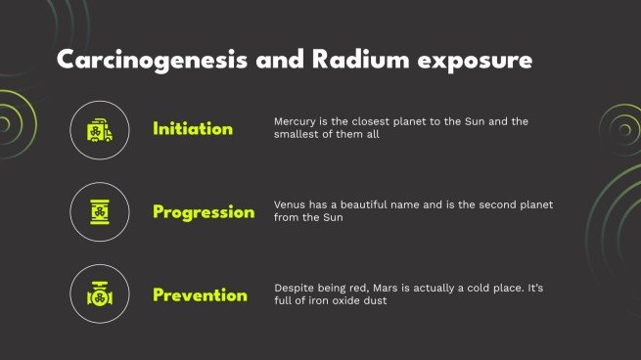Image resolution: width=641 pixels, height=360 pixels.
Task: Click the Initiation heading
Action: pyautogui.click(x=193, y=129)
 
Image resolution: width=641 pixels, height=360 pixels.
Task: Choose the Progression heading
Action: pyautogui.click(x=204, y=212)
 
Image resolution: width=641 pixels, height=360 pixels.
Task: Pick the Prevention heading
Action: pyautogui.click(x=200, y=294)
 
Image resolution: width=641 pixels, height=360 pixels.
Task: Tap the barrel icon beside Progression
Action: pyautogui.click(x=100, y=212)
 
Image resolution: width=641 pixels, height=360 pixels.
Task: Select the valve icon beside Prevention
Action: pyautogui.click(x=100, y=294)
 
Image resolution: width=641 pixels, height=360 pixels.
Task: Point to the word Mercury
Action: pyautogui.click(x=296, y=121)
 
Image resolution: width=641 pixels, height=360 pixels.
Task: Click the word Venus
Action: pyautogui.click(x=292, y=204)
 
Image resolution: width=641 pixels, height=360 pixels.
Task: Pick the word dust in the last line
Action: pyautogui.click(x=378, y=301)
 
